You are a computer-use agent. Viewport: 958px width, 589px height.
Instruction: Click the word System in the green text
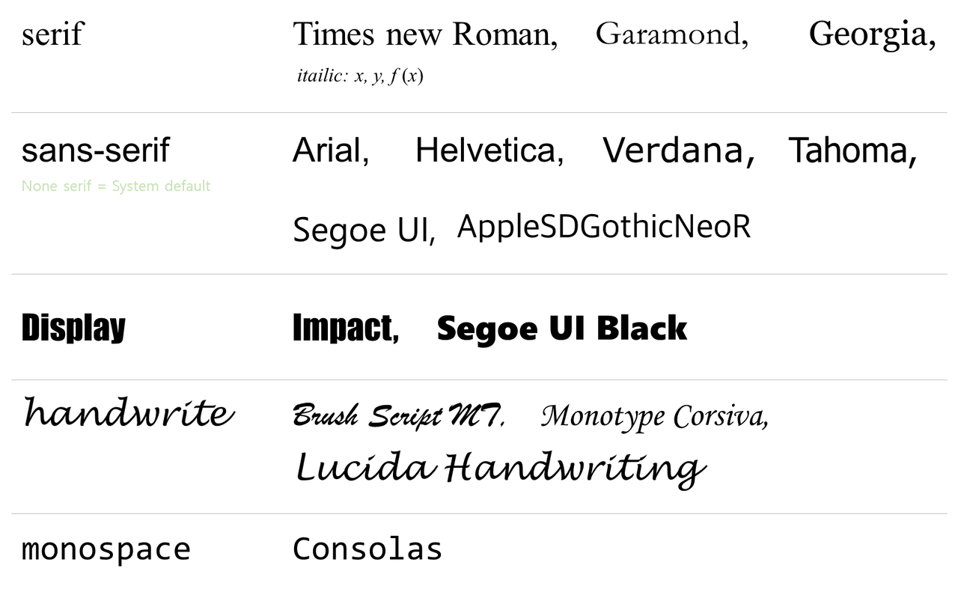click(135, 186)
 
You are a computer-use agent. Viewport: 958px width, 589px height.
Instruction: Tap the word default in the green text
click(188, 186)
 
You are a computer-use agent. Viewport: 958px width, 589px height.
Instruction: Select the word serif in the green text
click(77, 186)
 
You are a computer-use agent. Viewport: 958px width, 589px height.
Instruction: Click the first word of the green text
click(39, 186)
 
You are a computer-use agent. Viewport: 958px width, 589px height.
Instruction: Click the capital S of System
click(115, 186)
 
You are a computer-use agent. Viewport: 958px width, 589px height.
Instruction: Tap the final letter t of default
click(209, 186)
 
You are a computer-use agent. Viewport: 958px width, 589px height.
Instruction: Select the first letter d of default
click(168, 186)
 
